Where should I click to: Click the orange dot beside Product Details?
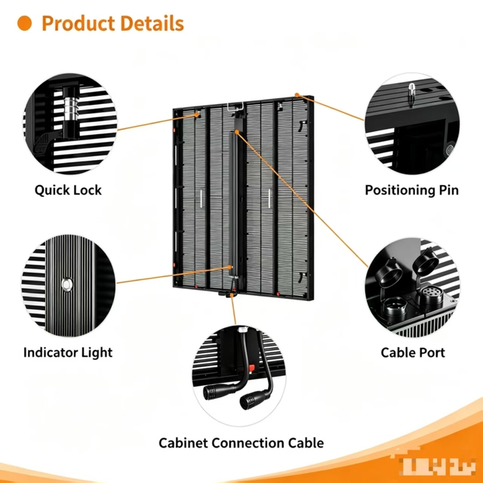pos(24,23)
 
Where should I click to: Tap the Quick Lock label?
pos(68,190)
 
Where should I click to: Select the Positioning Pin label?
pos(412,190)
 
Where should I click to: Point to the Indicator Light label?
pos(68,352)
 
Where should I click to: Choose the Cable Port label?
pos(413,352)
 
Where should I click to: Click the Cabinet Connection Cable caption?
pos(241,443)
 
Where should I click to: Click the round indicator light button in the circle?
pos(67,284)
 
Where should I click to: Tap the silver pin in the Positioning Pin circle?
pos(411,94)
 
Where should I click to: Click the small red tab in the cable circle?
pos(251,368)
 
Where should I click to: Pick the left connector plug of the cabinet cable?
pos(217,391)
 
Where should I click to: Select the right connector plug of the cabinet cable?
pos(254,399)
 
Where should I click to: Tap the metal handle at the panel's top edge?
pos(235,106)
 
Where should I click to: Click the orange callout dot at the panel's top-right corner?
pos(297,95)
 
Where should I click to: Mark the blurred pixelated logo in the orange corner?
pos(438,465)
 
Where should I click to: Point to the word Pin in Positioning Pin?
pos(449,190)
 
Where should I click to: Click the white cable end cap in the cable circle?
pos(243,330)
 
